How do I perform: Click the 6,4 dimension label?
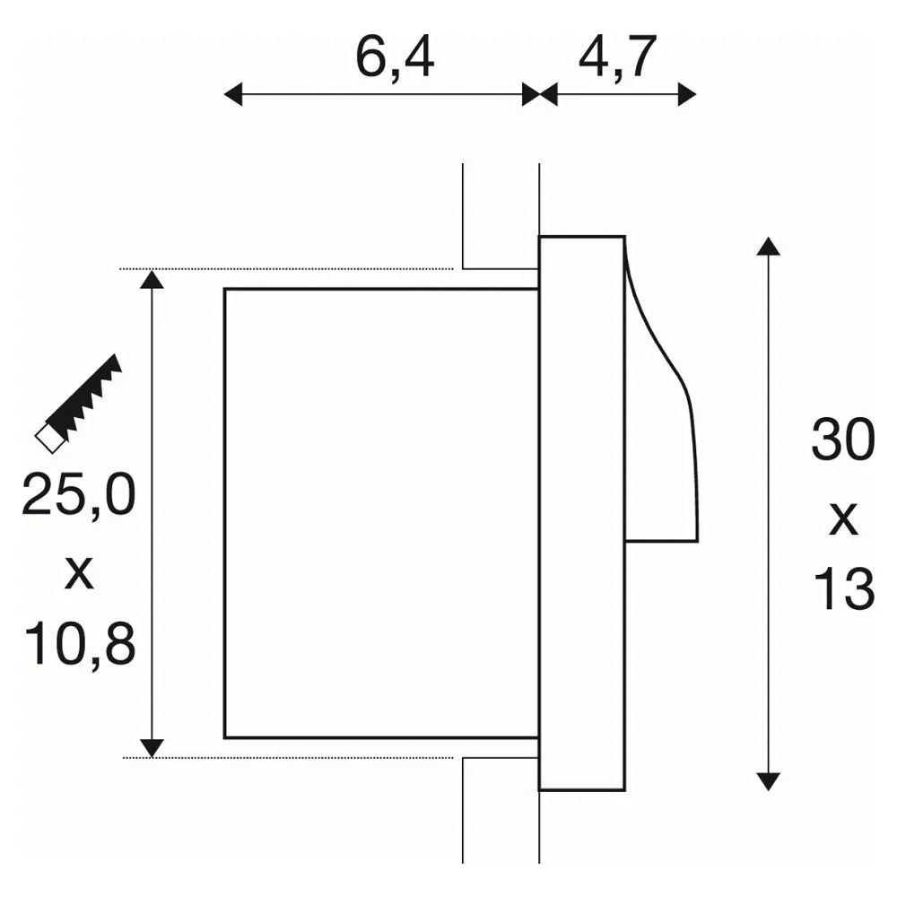click(x=395, y=58)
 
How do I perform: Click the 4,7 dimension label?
click(x=617, y=58)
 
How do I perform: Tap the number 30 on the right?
click(x=843, y=440)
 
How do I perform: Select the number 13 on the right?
click(x=844, y=589)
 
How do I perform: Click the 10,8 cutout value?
click(x=80, y=644)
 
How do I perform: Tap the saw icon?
click(x=78, y=404)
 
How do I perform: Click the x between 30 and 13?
click(x=844, y=519)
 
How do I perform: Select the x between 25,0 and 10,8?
click(x=79, y=574)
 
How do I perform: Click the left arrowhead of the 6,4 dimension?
click(x=232, y=94)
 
